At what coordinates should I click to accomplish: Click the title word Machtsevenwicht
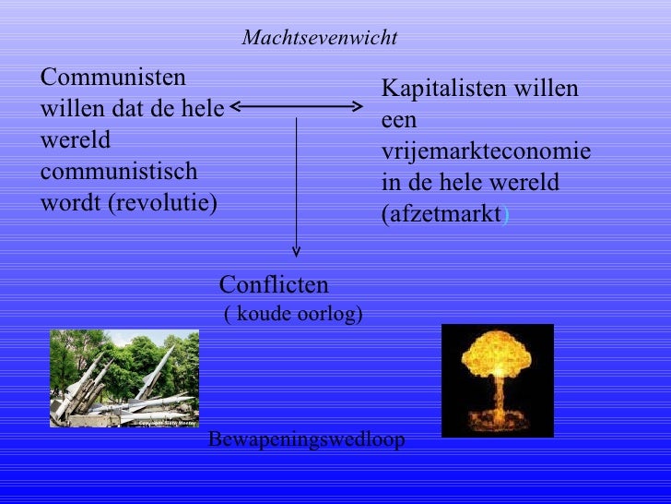click(319, 38)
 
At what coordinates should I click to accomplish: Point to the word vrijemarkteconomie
click(486, 151)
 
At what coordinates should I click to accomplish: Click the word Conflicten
click(274, 284)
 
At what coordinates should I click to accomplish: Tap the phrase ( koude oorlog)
click(293, 315)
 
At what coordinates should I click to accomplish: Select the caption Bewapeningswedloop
click(306, 439)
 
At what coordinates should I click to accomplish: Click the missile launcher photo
click(124, 378)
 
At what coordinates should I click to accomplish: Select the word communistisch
click(119, 173)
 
